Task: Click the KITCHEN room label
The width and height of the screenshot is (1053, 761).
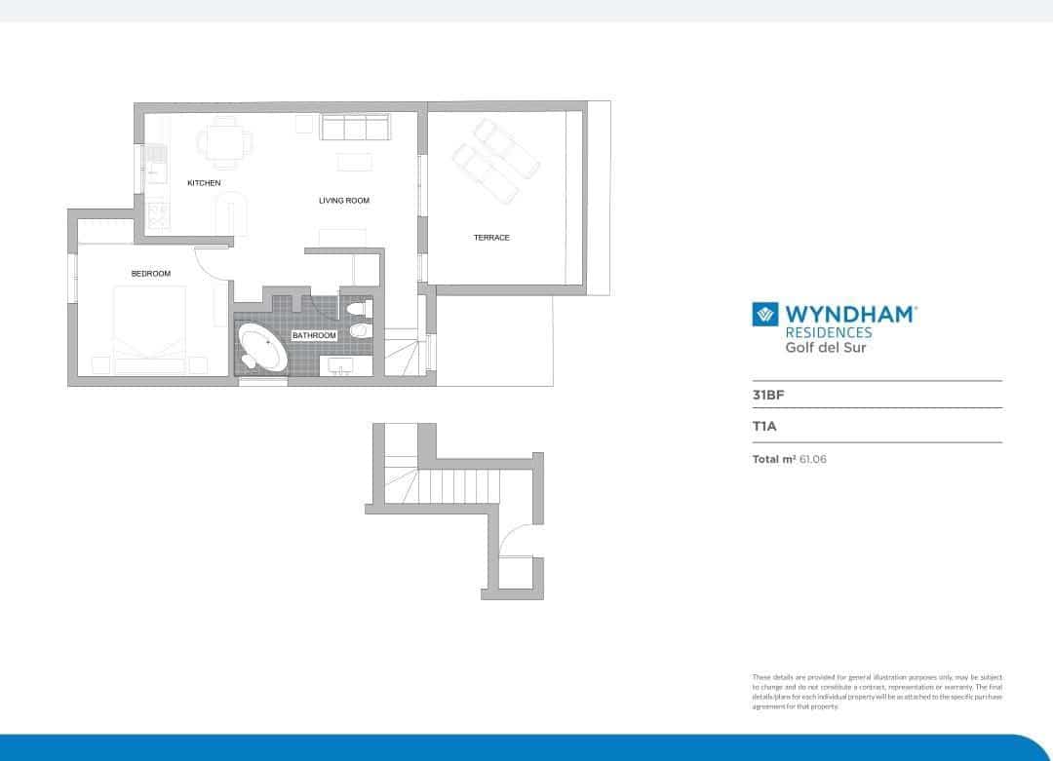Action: click(204, 183)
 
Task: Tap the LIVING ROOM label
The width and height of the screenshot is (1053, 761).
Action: click(344, 201)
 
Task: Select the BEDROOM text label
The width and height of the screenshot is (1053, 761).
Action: click(151, 274)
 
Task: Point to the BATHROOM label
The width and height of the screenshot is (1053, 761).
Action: click(314, 335)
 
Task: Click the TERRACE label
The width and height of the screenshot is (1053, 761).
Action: click(491, 238)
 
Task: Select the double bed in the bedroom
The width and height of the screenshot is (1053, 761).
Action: click(149, 326)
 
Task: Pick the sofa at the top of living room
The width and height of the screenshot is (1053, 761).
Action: click(356, 127)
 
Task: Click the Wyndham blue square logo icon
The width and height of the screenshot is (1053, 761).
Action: click(764, 315)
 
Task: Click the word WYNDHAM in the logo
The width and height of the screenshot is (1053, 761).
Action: click(850, 315)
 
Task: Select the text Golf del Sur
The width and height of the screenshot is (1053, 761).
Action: click(826, 348)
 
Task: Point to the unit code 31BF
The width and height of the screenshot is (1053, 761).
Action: click(767, 396)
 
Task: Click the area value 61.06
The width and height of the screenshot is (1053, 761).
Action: click(812, 458)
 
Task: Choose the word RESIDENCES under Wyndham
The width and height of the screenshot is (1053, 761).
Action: click(829, 332)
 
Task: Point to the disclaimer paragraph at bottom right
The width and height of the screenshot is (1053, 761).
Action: click(877, 691)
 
